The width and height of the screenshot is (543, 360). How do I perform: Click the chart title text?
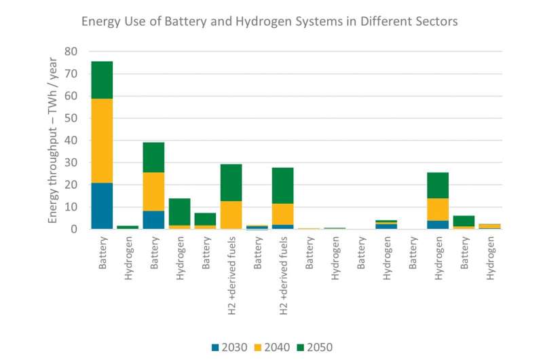[269, 21]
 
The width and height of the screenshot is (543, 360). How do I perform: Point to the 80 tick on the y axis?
[71, 52]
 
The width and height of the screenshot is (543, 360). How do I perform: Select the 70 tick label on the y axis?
[71, 73]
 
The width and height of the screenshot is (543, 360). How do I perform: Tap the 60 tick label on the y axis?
[71, 96]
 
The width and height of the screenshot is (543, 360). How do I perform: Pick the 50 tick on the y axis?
[71, 118]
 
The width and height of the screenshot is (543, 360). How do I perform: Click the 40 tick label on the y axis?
[71, 141]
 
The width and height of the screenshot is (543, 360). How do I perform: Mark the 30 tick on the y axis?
[71, 162]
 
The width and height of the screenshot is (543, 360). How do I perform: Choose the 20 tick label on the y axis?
[71, 185]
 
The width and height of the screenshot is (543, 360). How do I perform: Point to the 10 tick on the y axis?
[71, 207]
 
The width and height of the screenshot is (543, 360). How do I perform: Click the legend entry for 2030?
[227, 347]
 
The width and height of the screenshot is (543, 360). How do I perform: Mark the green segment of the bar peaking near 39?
[154, 157]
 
